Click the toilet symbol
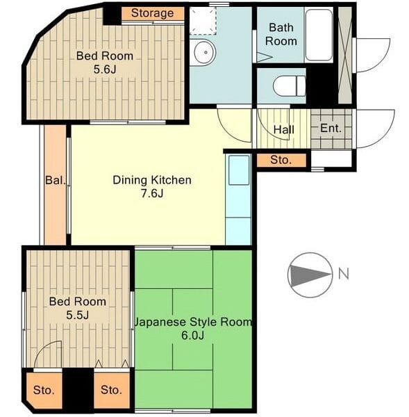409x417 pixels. [x=290, y=85]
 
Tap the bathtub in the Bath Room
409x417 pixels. [x=319, y=35]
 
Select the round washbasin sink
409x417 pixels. [x=205, y=52]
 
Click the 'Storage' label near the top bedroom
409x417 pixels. [x=152, y=13]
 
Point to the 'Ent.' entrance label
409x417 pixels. [x=331, y=129]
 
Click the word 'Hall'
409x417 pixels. [x=284, y=130]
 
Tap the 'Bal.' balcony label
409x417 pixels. [x=56, y=180]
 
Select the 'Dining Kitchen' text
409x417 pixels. [x=152, y=180]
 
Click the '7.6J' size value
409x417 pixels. [x=152, y=193]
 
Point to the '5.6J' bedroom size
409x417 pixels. [x=105, y=69]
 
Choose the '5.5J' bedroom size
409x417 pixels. [x=77, y=315]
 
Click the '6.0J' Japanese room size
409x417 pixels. [x=192, y=336]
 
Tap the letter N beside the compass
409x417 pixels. [x=344, y=274]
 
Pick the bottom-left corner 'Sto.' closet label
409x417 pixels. [x=44, y=390]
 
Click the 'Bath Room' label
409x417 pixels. [x=281, y=34]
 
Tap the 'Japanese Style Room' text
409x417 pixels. [x=193, y=322]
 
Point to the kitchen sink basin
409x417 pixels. [x=239, y=170]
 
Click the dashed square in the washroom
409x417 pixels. [x=203, y=21]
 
